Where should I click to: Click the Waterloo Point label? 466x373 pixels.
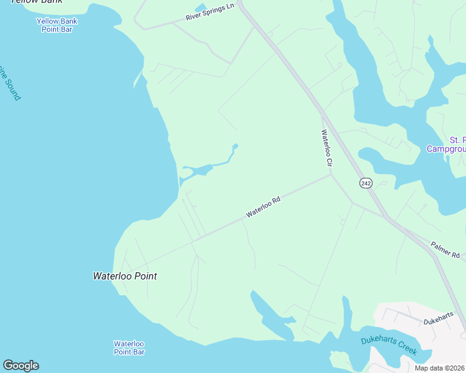pos(125,276)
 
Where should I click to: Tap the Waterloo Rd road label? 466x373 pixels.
pos(264,207)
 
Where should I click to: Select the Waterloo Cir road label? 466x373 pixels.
pos(326,147)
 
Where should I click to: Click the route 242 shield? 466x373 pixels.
pos(365,182)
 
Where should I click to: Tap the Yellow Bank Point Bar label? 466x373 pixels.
pos(57,25)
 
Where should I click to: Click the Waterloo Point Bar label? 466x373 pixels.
pos(129,348)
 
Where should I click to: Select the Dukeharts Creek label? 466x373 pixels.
pos(389,345)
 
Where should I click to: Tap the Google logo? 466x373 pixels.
pos(21,366)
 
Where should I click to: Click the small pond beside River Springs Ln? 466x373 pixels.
pos(201,9)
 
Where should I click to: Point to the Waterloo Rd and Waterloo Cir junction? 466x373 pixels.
pos(331,175)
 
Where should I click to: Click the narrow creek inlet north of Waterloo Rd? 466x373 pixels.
pos(206,168)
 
